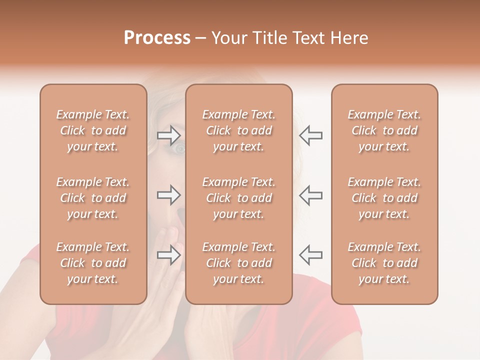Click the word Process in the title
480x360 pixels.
pos(157,38)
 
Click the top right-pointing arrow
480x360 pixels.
pos(169,135)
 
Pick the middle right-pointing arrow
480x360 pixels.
pos(169,195)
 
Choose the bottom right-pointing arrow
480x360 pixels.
pos(169,254)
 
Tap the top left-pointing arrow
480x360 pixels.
pos(310,135)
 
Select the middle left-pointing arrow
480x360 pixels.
pos(310,195)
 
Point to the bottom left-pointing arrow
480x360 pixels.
pos(310,254)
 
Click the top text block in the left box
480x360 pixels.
pos(93,130)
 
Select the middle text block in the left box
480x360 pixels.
pos(93,198)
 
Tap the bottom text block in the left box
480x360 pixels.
pos(93,263)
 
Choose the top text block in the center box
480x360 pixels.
pos(238,130)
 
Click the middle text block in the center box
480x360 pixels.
pos(238,198)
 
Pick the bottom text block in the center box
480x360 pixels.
pos(238,263)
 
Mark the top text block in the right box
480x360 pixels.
pos(384,130)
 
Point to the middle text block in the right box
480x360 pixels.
pos(384,198)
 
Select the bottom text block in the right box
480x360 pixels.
pos(384,263)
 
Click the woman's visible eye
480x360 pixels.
pos(179,148)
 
